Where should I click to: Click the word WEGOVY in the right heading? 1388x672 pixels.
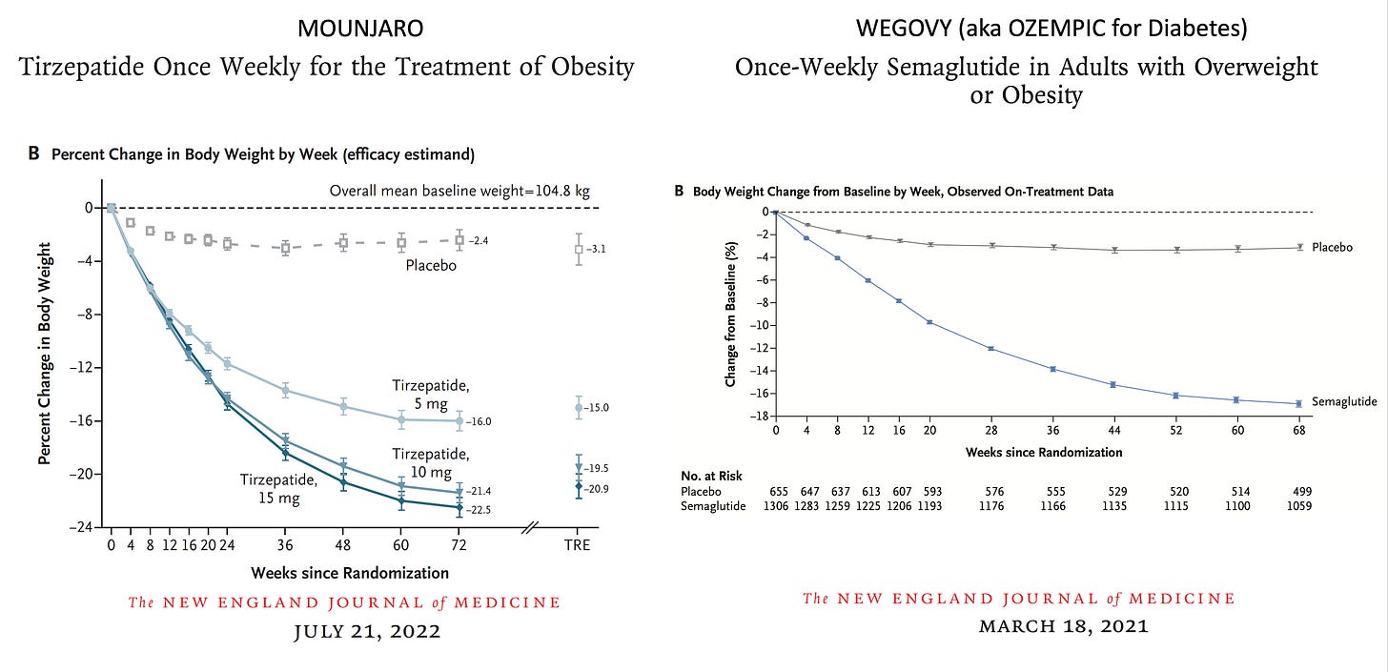(900, 29)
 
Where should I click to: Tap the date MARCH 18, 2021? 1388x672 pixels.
(1019, 626)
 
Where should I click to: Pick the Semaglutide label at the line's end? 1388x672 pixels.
(1344, 402)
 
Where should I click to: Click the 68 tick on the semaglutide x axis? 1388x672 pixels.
(1298, 430)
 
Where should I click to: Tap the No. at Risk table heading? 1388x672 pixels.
(711, 476)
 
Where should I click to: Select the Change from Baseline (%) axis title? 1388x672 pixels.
(730, 314)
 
